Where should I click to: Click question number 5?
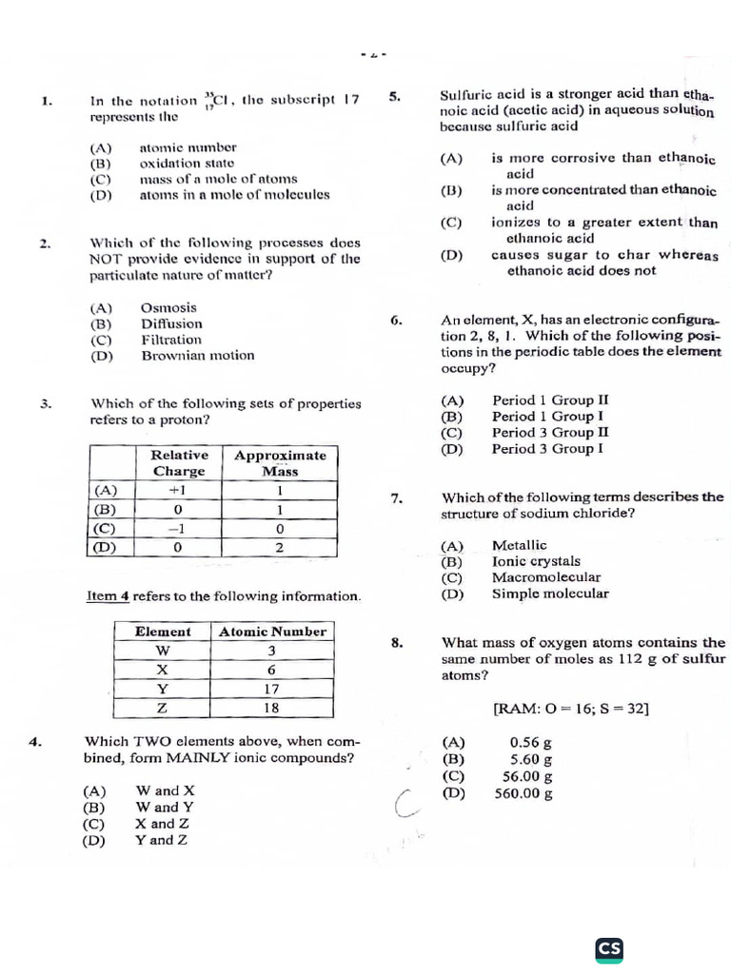point(396,96)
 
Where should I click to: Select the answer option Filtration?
point(171,340)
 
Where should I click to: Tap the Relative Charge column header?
point(179,463)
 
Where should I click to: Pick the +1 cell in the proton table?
point(177,491)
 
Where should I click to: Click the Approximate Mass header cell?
point(280,463)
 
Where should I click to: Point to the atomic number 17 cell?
point(271,689)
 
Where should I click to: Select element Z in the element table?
point(162,708)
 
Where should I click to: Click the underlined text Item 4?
point(108,596)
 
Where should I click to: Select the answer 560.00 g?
point(524,793)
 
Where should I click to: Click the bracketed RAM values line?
point(571,709)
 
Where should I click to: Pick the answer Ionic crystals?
point(536,561)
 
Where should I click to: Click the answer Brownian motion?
point(198,356)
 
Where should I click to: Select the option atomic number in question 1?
point(188,147)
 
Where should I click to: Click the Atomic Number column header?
point(272,632)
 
